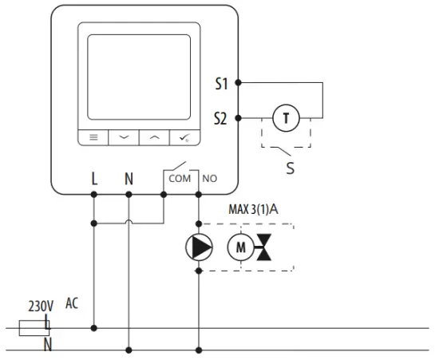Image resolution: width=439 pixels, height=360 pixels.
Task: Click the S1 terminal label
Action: [x=221, y=82]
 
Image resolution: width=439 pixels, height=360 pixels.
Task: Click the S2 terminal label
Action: [x=221, y=118]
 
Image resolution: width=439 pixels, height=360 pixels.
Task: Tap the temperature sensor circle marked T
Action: [x=286, y=118]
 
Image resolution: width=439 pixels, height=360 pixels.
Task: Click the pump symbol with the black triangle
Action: [x=199, y=249]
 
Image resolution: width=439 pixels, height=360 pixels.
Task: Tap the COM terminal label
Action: [x=180, y=179]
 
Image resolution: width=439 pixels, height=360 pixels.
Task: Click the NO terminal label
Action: [x=210, y=179]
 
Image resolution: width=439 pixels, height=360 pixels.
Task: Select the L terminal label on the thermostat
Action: [x=94, y=178]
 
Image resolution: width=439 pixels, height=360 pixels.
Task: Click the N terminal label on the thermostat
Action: [x=129, y=178]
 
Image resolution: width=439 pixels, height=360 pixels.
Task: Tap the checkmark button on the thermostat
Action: [x=185, y=136]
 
